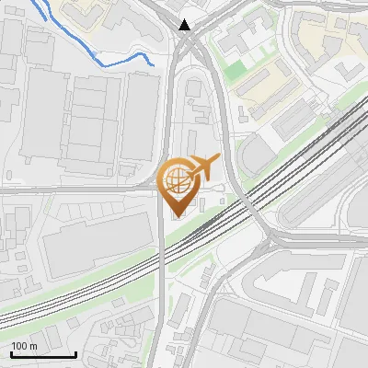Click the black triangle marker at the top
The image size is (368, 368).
[x=187, y=25]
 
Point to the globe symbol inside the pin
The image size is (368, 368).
[x=178, y=178]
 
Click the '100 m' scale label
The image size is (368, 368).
[x=24, y=346]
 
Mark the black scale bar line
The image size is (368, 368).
[x=43, y=354]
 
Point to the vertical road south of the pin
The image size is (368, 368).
[x=162, y=304]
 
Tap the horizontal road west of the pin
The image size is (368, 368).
[x=74, y=190]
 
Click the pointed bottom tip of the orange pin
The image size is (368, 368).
[x=178, y=216]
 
